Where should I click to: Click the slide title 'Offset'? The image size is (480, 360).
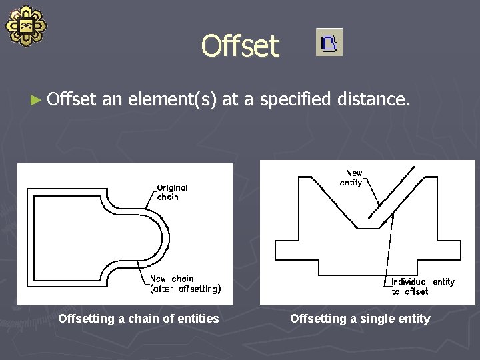pyautogui.click(x=240, y=46)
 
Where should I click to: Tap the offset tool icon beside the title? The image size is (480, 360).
pyautogui.click(x=329, y=42)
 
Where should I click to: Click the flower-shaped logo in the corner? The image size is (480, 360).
pyautogui.click(x=26, y=26)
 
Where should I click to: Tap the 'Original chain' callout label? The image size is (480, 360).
pyautogui.click(x=172, y=192)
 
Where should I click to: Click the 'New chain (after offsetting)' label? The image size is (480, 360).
pyautogui.click(x=183, y=283)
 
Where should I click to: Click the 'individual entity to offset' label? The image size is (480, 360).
pyautogui.click(x=422, y=287)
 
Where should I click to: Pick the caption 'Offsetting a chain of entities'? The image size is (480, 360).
pyautogui.click(x=138, y=319)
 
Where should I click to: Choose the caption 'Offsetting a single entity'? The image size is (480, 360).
pyautogui.click(x=360, y=319)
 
